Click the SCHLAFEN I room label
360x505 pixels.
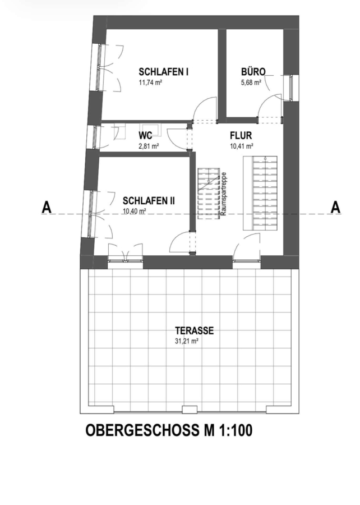(163, 72)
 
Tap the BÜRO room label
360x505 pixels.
(253, 71)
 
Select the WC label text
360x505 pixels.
(145, 135)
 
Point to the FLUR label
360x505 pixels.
(241, 136)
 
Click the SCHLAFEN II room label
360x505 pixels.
(149, 201)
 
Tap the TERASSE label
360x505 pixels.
(195, 330)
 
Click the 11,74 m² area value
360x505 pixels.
(150, 82)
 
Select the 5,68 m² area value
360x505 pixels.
(251, 82)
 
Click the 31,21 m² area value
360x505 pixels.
(186, 341)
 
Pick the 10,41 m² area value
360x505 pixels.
(242, 146)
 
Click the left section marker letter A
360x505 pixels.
(47, 208)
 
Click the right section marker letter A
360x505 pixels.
(335, 208)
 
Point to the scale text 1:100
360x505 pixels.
(237, 430)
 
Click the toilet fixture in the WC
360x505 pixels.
(151, 130)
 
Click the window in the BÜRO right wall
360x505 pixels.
(291, 88)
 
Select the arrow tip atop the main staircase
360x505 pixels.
(265, 158)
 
